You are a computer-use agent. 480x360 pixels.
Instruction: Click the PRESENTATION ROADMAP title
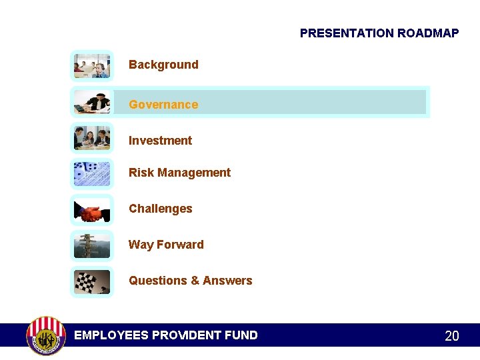(x=379, y=33)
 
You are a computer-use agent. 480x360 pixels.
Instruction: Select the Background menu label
(x=163, y=65)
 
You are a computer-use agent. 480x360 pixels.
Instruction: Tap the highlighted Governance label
(x=163, y=105)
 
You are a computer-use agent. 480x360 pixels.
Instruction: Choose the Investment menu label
(x=160, y=141)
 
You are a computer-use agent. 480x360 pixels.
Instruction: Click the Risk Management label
(x=179, y=173)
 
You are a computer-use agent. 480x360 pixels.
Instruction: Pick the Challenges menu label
(x=160, y=209)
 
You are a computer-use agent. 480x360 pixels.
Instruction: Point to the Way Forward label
(x=166, y=245)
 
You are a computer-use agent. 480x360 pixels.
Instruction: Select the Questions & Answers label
(x=190, y=281)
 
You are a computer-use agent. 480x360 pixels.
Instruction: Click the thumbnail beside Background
(x=92, y=65)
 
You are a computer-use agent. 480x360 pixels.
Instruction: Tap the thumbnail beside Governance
(x=92, y=102)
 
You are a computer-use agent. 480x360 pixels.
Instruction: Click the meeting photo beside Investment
(x=92, y=138)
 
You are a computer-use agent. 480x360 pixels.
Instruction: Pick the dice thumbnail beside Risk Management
(x=92, y=174)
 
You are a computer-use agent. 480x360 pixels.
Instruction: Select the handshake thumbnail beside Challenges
(x=92, y=211)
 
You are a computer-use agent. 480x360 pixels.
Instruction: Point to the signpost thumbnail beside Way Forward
(x=92, y=246)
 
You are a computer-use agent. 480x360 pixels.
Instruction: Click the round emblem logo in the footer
(x=46, y=335)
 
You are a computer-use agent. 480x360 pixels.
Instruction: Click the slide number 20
(x=451, y=336)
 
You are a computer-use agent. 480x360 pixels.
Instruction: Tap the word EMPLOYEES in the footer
(x=111, y=335)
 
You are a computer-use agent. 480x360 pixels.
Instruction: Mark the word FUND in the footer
(x=241, y=335)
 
